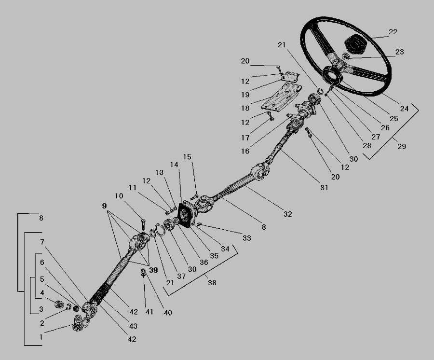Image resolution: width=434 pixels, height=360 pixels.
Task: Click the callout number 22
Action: pyautogui.click(x=393, y=32)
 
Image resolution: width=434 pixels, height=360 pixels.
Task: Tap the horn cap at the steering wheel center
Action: pyautogui.click(x=355, y=44)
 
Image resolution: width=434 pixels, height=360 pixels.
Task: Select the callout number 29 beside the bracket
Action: pyautogui.click(x=402, y=146)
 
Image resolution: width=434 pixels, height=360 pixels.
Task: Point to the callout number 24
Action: pyautogui.click(x=405, y=109)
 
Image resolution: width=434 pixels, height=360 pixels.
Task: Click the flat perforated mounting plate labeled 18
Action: pyautogui.click(x=282, y=97)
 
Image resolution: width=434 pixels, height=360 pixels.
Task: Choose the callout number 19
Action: pyautogui.click(x=245, y=95)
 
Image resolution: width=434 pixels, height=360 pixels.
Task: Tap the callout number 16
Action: pyautogui.click(x=245, y=151)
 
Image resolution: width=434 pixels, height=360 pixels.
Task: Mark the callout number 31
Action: pyautogui.click(x=324, y=187)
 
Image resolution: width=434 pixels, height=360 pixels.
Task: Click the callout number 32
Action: pyautogui.click(x=287, y=214)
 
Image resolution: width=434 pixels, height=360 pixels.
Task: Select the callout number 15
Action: pyautogui.click(x=187, y=157)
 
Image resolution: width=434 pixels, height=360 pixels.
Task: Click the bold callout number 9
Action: pyautogui.click(x=104, y=206)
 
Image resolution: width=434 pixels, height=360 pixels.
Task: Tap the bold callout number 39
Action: pyautogui.click(x=153, y=270)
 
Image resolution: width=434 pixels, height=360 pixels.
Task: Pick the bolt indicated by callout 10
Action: pyautogui.click(x=143, y=224)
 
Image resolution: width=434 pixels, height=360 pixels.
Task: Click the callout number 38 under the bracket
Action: pyautogui.click(x=212, y=282)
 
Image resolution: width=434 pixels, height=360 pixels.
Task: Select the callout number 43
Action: pyautogui.click(x=133, y=326)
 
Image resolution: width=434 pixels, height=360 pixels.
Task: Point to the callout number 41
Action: pyautogui.click(x=149, y=312)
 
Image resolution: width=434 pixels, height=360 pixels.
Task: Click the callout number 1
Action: pyautogui.click(x=41, y=337)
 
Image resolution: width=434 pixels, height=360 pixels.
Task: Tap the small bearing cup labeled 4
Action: pyautogui.click(x=59, y=305)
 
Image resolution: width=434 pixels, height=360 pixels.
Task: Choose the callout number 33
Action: pyautogui.click(x=246, y=238)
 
